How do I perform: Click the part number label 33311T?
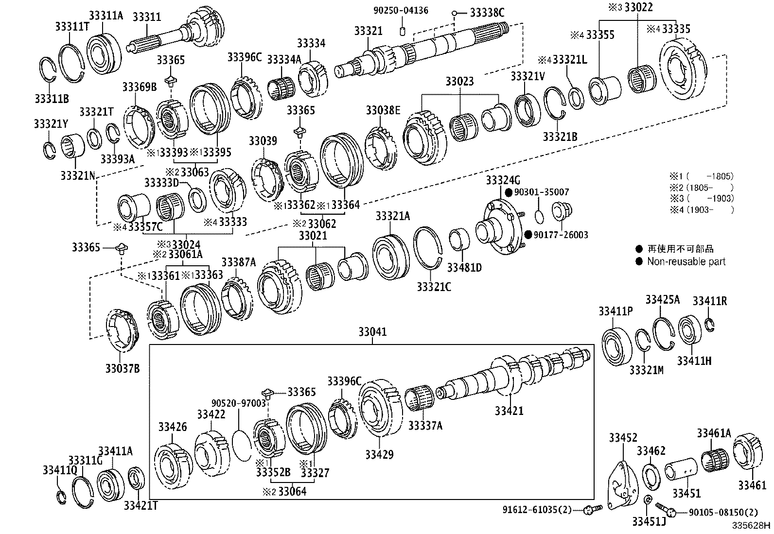(72, 27)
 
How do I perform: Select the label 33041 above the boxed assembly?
(372, 332)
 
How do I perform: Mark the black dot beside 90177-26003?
(528, 235)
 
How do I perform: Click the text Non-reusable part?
(686, 262)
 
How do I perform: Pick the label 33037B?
(123, 369)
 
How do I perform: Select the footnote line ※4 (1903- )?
(701, 210)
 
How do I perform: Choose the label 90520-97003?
(239, 403)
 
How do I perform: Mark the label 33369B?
(139, 87)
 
